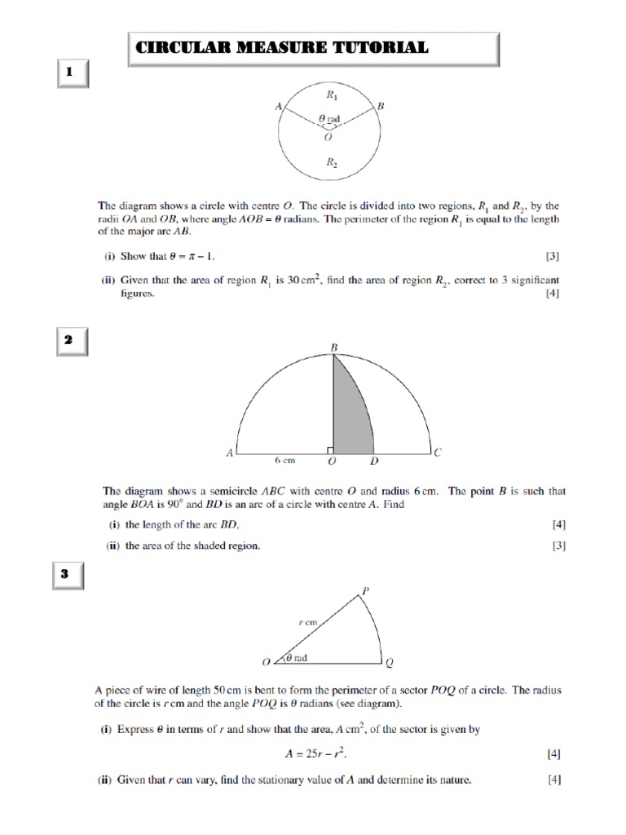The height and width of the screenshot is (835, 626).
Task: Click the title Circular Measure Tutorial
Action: point(280,48)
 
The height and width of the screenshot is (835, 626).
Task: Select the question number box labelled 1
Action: point(70,73)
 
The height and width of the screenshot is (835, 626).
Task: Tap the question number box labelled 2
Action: point(70,341)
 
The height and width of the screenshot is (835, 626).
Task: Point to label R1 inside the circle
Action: point(332,95)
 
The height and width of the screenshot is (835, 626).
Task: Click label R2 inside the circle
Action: point(332,162)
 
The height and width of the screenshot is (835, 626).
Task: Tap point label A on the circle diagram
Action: point(278,106)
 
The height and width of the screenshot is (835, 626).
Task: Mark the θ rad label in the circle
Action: point(329,119)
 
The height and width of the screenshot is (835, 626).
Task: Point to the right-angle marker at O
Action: point(328,449)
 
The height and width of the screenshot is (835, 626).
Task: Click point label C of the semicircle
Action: point(438,452)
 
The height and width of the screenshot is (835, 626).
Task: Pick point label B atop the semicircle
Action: point(333,348)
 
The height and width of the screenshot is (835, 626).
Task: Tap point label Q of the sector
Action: point(389,663)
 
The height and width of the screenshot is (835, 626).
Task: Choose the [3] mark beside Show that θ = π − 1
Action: point(553,256)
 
